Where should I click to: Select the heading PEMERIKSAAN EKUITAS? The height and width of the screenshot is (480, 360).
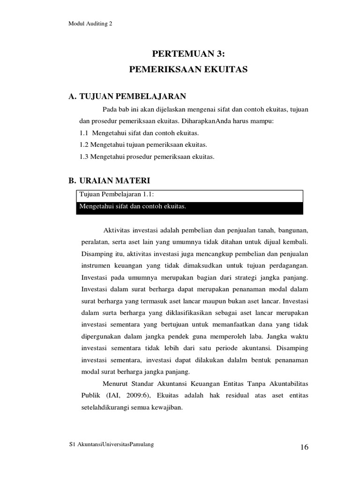coord(188,69)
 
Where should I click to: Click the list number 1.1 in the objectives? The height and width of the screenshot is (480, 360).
coord(85,134)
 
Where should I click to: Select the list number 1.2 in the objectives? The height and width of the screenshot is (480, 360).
coord(84,145)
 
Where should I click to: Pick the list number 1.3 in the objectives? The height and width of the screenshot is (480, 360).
coord(84,157)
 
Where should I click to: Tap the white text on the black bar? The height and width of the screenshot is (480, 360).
coord(133,207)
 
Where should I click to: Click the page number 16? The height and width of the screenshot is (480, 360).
coord(304,447)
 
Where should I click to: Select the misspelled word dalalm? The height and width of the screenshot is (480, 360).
coord(244,360)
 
